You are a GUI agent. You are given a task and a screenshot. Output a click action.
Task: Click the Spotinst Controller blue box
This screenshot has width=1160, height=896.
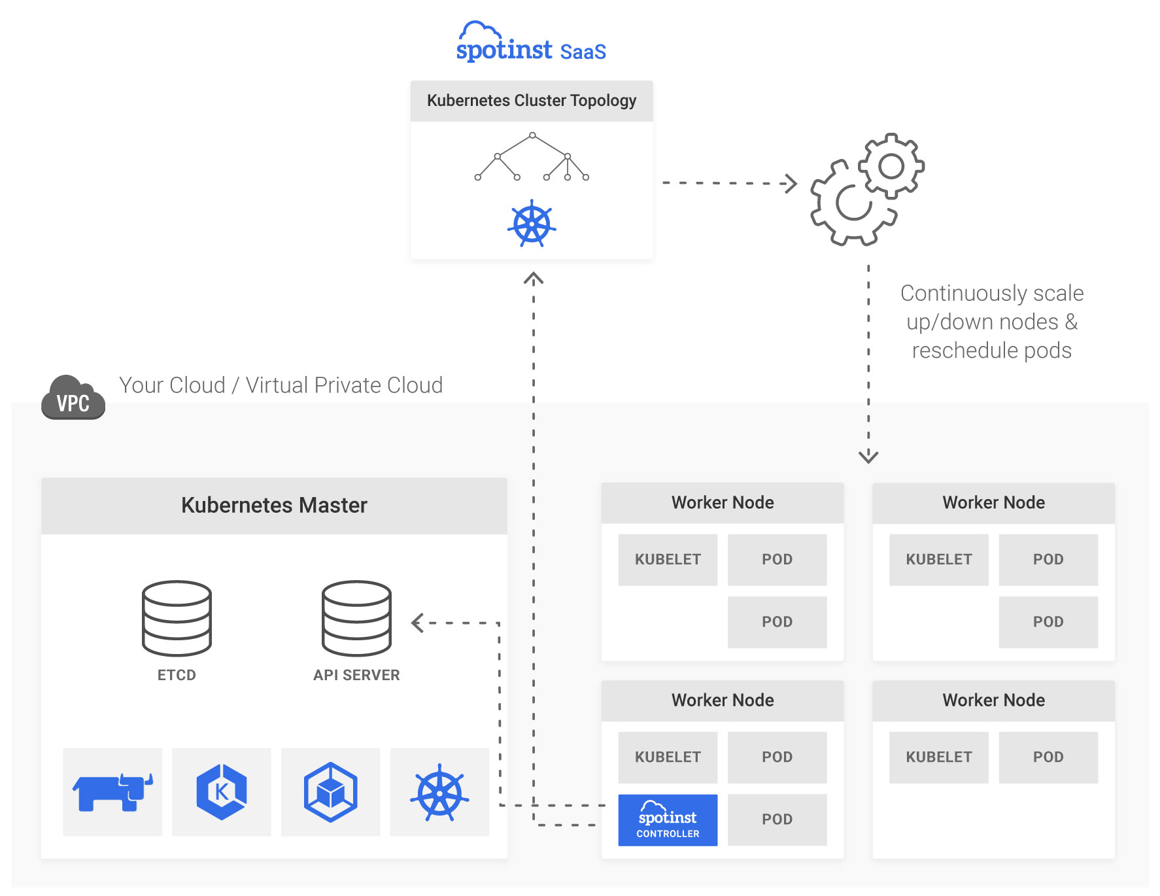click(668, 820)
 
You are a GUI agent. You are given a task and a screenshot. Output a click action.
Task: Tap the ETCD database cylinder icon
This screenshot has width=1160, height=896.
click(177, 618)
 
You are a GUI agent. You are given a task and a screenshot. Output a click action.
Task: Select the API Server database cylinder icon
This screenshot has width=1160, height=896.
click(356, 618)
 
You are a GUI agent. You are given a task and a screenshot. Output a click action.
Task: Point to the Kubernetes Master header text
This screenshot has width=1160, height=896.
click(274, 506)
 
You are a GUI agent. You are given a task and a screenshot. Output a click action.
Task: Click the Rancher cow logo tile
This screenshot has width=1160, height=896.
click(112, 792)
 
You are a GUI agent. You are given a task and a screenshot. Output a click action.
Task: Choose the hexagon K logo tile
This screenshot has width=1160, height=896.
click(222, 792)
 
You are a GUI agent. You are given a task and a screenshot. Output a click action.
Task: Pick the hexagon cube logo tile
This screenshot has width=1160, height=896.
click(330, 792)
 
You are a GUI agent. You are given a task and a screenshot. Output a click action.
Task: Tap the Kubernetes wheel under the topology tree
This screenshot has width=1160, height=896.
click(532, 224)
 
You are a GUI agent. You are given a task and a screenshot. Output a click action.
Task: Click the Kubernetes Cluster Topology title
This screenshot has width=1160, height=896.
click(532, 101)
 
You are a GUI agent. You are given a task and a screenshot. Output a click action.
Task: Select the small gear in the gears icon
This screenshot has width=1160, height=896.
click(891, 166)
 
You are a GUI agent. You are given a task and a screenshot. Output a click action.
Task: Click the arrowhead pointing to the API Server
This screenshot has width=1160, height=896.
click(417, 623)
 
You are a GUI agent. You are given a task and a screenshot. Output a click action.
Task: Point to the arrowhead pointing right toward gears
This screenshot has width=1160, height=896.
click(791, 183)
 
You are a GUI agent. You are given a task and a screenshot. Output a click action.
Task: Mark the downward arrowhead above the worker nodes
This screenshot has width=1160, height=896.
click(868, 456)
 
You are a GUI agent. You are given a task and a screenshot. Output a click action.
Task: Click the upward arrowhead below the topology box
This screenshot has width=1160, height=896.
click(534, 279)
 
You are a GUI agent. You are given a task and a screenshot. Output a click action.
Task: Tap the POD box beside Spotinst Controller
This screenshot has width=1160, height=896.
click(777, 819)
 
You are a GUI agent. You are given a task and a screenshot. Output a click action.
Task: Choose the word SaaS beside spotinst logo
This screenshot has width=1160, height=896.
click(583, 52)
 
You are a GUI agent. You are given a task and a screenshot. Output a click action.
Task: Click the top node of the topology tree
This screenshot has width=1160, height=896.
click(533, 135)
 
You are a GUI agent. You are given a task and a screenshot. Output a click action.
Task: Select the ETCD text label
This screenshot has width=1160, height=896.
click(177, 675)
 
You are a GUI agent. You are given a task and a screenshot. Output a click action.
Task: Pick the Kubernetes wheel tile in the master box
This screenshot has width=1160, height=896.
click(439, 792)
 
